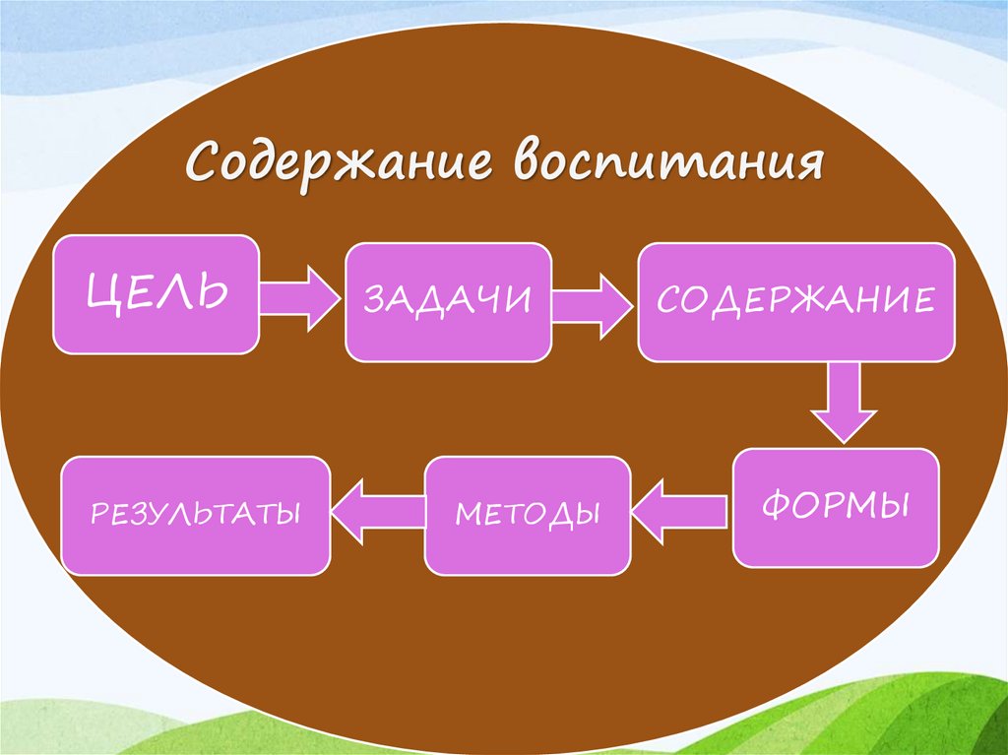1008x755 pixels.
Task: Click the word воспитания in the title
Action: [669, 160]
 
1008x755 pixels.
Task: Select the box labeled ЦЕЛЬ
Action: [157, 293]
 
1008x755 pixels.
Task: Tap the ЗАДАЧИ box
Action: [448, 300]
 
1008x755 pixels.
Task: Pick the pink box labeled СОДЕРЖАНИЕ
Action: [795, 300]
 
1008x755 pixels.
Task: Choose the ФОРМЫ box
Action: [836, 507]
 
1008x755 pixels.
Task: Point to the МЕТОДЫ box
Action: [527, 515]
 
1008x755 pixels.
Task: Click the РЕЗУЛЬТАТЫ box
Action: [195, 514]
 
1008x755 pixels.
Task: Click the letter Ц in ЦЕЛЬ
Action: [101, 293]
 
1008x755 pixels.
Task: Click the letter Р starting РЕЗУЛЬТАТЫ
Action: [96, 514]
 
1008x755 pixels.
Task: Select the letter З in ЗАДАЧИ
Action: [374, 300]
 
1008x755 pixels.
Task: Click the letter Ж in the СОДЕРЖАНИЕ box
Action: [806, 300]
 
